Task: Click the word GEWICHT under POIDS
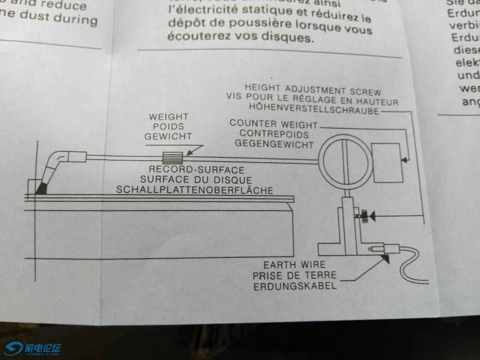(x=168, y=136)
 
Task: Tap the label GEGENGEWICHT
(x=274, y=144)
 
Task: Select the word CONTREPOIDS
(x=274, y=134)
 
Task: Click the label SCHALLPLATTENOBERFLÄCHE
(x=194, y=189)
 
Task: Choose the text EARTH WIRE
(x=294, y=265)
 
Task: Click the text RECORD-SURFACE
(x=196, y=170)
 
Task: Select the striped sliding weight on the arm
(x=172, y=157)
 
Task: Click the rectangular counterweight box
(x=387, y=162)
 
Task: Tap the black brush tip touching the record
(x=42, y=188)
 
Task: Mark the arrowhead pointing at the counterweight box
(x=404, y=160)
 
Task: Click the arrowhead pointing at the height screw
(x=373, y=215)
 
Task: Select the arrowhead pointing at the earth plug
(x=385, y=259)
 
